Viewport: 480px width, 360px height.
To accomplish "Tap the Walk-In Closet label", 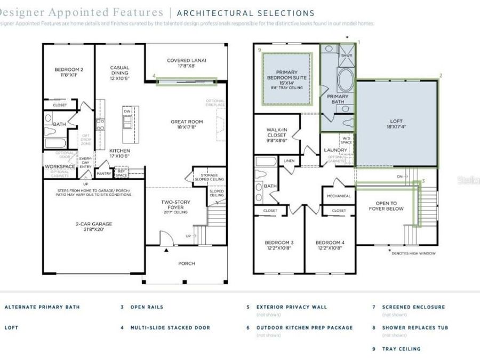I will [x=276, y=135].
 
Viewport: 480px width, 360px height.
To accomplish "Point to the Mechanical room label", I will [x=339, y=196].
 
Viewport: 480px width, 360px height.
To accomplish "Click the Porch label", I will [x=186, y=263].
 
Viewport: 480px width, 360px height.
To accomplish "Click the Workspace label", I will [x=60, y=166].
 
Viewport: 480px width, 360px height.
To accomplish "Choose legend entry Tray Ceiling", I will [x=401, y=349].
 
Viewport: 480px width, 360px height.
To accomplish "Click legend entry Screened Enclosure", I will [x=413, y=307].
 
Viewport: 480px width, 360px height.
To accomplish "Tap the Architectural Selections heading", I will [x=245, y=13].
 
